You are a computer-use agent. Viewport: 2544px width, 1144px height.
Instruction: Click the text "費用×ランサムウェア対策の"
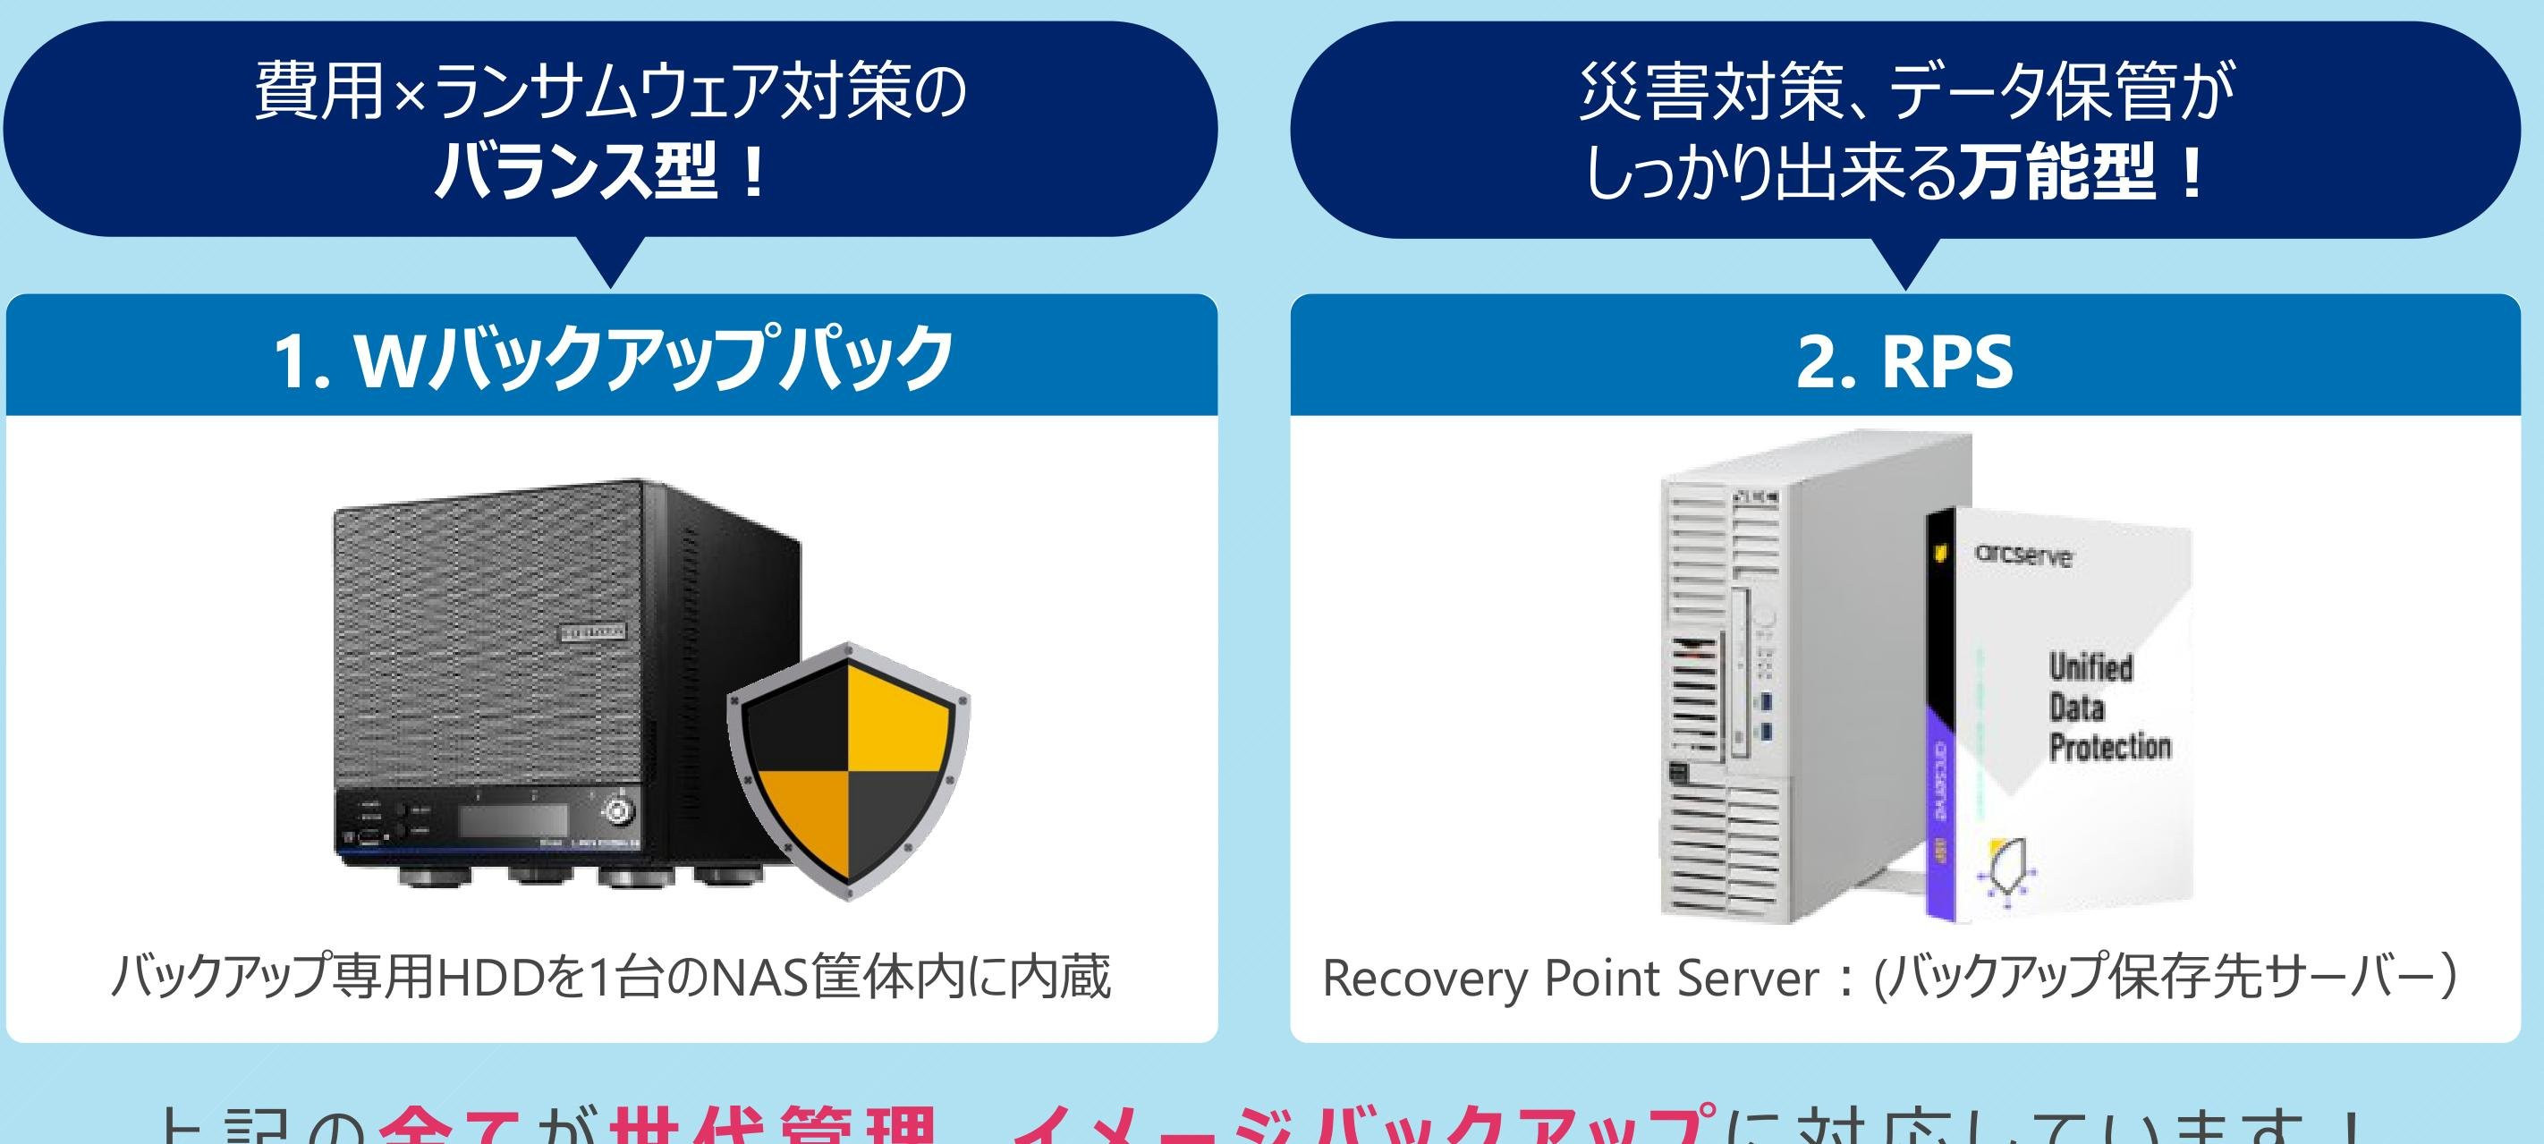610,93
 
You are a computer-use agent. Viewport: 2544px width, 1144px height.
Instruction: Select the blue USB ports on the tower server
1767,717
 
